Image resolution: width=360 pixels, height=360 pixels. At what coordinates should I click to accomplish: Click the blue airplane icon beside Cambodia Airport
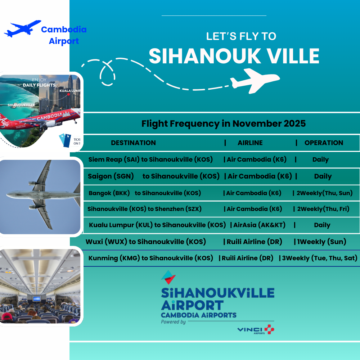click(22, 29)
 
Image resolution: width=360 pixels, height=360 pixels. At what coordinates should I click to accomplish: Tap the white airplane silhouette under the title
click(255, 81)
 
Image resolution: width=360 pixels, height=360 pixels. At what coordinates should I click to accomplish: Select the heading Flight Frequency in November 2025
click(224, 123)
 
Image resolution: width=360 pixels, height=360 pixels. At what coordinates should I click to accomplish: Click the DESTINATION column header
click(134, 143)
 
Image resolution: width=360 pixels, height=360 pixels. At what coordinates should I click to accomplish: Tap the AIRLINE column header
click(250, 143)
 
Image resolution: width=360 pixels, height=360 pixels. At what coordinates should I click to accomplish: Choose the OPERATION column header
click(324, 143)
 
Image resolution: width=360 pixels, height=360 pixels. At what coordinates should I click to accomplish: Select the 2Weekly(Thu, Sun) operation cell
click(324, 193)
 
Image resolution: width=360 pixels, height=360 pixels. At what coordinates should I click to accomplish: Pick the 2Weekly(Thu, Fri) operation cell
click(323, 209)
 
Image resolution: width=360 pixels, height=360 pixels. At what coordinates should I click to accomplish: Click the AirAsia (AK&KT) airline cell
click(260, 225)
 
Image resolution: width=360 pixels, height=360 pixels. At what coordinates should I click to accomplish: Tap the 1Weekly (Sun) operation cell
click(321, 242)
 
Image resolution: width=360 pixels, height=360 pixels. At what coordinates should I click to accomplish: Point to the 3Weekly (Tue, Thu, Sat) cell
click(320, 258)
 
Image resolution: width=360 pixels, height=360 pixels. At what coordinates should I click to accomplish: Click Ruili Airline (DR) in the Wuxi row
click(255, 242)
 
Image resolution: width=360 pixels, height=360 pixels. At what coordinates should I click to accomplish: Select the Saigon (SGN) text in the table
click(111, 176)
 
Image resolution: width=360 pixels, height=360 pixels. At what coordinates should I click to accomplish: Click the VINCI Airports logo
click(256, 330)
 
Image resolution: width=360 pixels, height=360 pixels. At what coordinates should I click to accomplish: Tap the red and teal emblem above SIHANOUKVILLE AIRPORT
click(168, 277)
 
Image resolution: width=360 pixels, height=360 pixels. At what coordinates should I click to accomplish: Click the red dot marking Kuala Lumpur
click(68, 94)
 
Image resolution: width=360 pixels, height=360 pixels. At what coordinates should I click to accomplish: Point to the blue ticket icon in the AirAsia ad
click(65, 140)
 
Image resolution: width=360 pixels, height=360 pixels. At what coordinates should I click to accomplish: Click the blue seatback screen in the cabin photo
click(37, 299)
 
